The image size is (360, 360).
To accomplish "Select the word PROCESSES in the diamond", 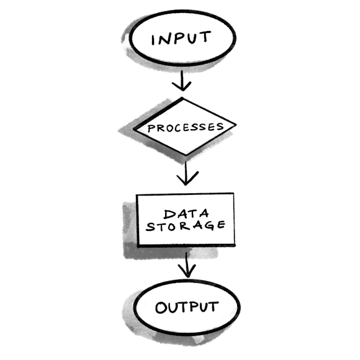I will pos(184,128).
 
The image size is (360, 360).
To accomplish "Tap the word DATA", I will pos(185,214).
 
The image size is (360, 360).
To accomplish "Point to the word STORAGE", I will pos(185,225).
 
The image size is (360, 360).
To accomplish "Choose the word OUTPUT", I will pos(186,307).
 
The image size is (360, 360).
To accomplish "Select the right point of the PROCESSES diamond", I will pos(235,127).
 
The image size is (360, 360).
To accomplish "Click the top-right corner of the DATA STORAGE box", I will pos(233,194).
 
